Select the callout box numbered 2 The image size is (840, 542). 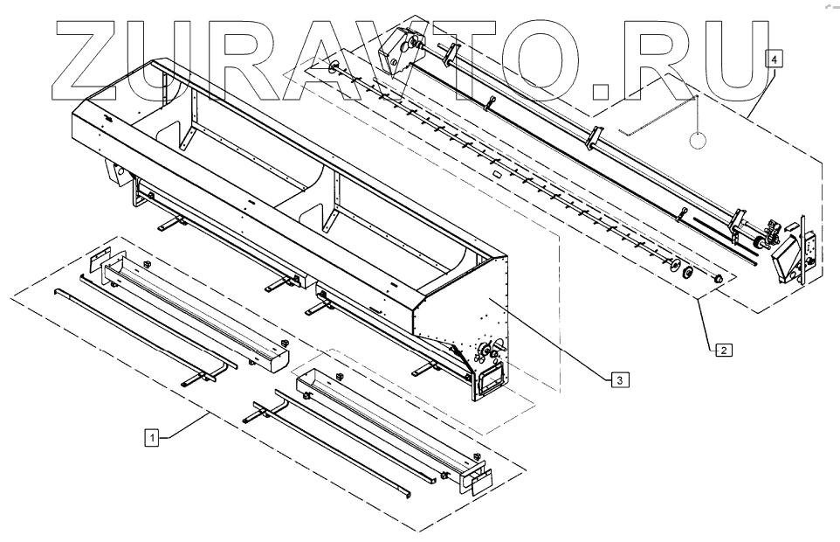click(x=723, y=351)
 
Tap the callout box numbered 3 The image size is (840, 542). click(x=617, y=379)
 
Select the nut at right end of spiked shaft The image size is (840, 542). click(x=717, y=279)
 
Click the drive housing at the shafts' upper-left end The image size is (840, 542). click(x=403, y=45)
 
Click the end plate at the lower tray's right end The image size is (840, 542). click(x=477, y=479)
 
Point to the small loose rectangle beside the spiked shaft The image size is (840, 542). click(x=499, y=174)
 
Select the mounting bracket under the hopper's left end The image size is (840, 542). click(x=140, y=193)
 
